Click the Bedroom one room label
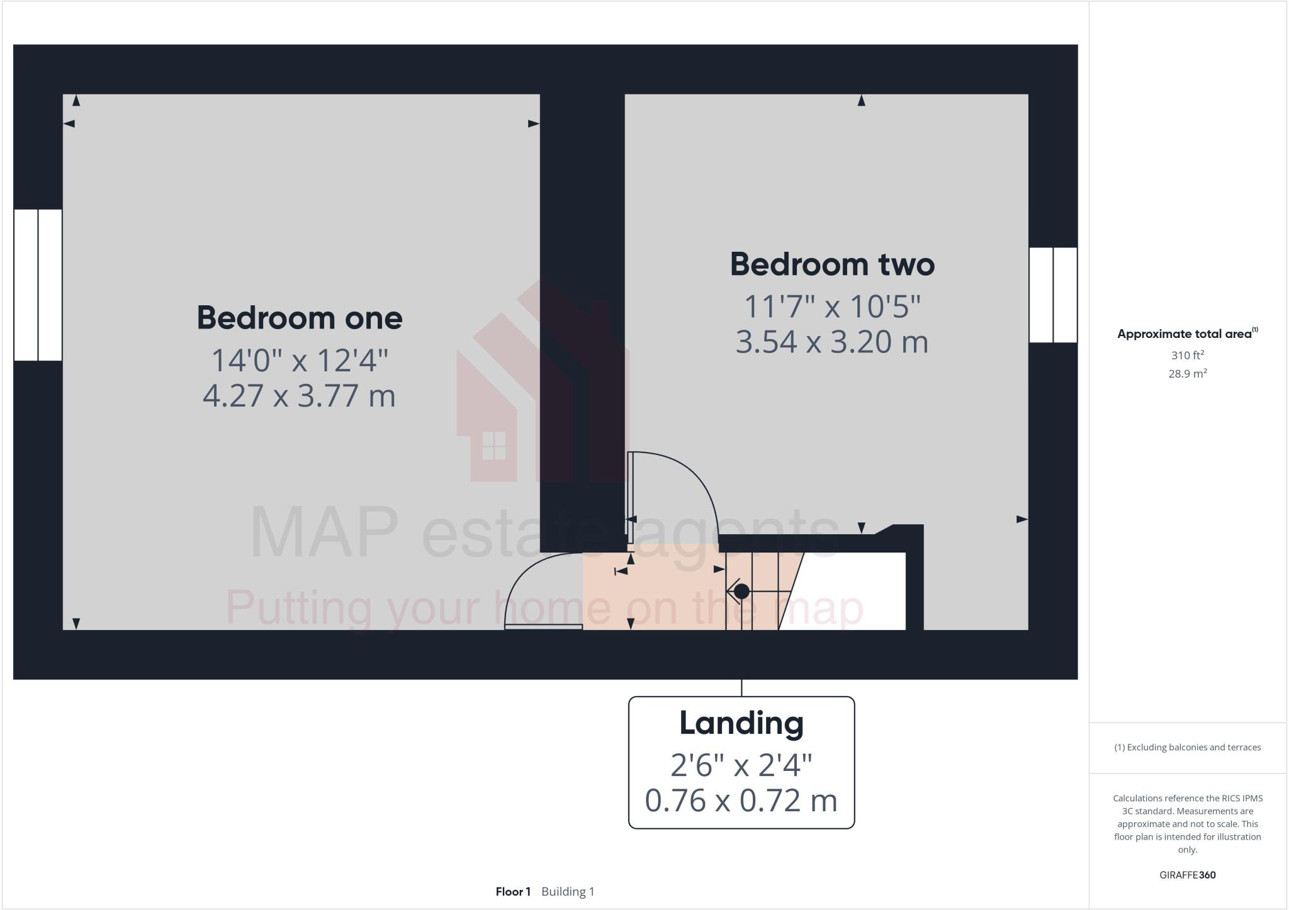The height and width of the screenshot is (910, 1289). coord(300,318)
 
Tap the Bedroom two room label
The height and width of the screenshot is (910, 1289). coord(832,264)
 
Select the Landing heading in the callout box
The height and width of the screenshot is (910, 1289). coord(741,723)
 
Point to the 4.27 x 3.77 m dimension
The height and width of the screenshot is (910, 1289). coord(300,396)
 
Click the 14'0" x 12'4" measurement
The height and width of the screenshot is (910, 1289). coord(300,361)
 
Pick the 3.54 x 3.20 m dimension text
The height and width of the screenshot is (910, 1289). coord(832,342)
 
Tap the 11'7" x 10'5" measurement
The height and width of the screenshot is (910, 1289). coord(832,307)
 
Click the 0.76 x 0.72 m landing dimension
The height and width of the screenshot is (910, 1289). coord(741,800)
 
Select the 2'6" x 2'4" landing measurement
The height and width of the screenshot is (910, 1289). coord(741,765)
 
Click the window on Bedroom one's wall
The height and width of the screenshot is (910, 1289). coord(38,285)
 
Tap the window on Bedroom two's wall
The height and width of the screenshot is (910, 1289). coord(1053,295)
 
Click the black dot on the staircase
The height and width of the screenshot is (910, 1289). coord(741,592)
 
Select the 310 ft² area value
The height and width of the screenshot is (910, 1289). coord(1187,355)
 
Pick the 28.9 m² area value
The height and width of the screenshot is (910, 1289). coord(1187,374)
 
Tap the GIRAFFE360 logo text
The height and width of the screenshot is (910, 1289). coord(1187,875)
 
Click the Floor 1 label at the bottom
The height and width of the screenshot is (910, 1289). coord(513,892)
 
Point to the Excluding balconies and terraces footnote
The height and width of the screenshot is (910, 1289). coord(1187,748)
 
